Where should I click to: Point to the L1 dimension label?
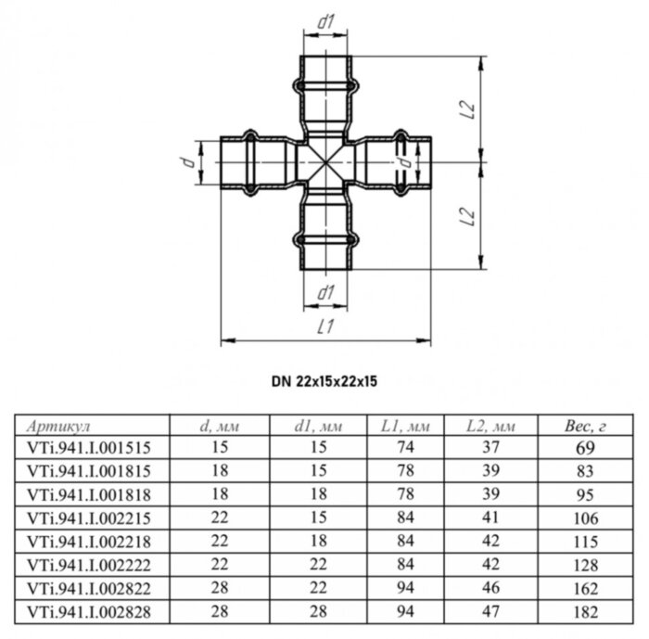pyautogui.click(x=324, y=326)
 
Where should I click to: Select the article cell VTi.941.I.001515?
pyautogui.click(x=89, y=447)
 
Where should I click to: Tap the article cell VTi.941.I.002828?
pyautogui.click(x=89, y=612)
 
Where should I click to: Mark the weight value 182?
pyautogui.click(x=585, y=612)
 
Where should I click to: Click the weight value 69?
pyautogui.click(x=585, y=447)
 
